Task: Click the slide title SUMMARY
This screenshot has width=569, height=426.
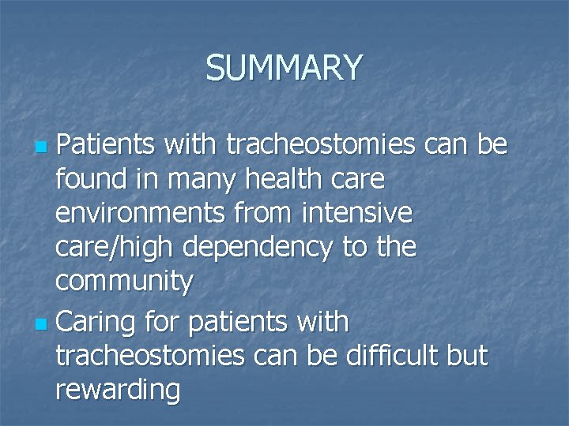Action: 284,68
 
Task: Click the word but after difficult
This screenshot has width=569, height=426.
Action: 466,356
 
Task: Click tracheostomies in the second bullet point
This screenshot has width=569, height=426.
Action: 150,356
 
